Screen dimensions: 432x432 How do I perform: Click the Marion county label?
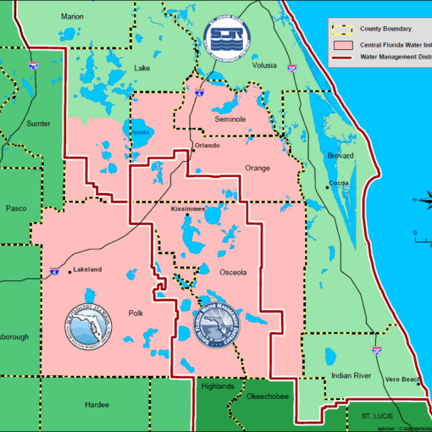(72, 16)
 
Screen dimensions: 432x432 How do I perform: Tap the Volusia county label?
(263, 64)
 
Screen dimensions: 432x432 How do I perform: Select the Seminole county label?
(229, 119)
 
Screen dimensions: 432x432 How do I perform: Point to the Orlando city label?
(208, 146)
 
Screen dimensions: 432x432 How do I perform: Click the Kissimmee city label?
(188, 208)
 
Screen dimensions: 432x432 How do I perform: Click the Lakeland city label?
(87, 269)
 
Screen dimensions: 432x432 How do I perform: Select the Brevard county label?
(341, 156)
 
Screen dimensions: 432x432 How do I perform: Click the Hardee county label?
(97, 405)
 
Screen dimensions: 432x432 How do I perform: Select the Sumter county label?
(38, 124)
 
